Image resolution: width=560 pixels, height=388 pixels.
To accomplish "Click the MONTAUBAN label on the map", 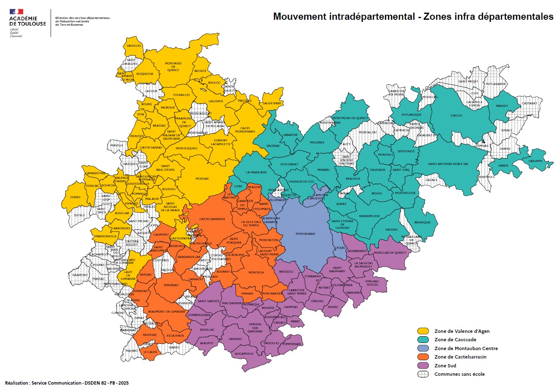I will point(305,234).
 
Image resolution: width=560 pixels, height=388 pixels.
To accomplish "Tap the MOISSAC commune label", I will point(202,178).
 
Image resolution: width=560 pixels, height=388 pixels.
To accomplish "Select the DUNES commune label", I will point(75,197).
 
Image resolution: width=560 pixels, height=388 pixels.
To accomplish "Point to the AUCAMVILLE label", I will point(244,353).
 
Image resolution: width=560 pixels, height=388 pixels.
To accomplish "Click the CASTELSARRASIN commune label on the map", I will point(212,219).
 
